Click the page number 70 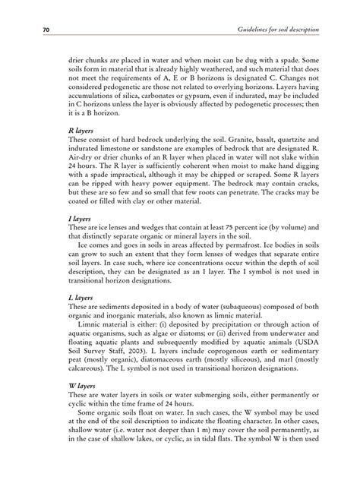click(x=34, y=29)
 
